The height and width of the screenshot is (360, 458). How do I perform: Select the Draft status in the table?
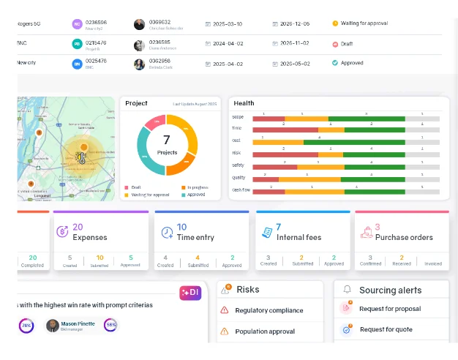click(x=348, y=44)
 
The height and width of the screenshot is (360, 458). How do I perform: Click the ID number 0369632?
click(x=160, y=22)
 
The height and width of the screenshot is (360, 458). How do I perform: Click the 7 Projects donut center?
click(x=167, y=144)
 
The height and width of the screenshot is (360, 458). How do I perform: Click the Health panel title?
click(x=244, y=103)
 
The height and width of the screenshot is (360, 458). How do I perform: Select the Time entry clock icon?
click(x=167, y=233)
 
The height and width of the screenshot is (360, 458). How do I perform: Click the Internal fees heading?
click(x=298, y=237)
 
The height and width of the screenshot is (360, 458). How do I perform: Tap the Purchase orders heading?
click(x=403, y=237)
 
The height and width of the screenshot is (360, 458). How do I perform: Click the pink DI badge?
click(x=189, y=293)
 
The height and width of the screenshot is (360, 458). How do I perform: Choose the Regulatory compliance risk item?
click(x=269, y=310)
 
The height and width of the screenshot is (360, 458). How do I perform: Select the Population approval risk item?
click(x=265, y=331)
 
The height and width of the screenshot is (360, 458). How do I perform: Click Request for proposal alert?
click(x=390, y=309)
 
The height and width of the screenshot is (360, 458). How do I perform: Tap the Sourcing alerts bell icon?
click(x=347, y=290)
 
